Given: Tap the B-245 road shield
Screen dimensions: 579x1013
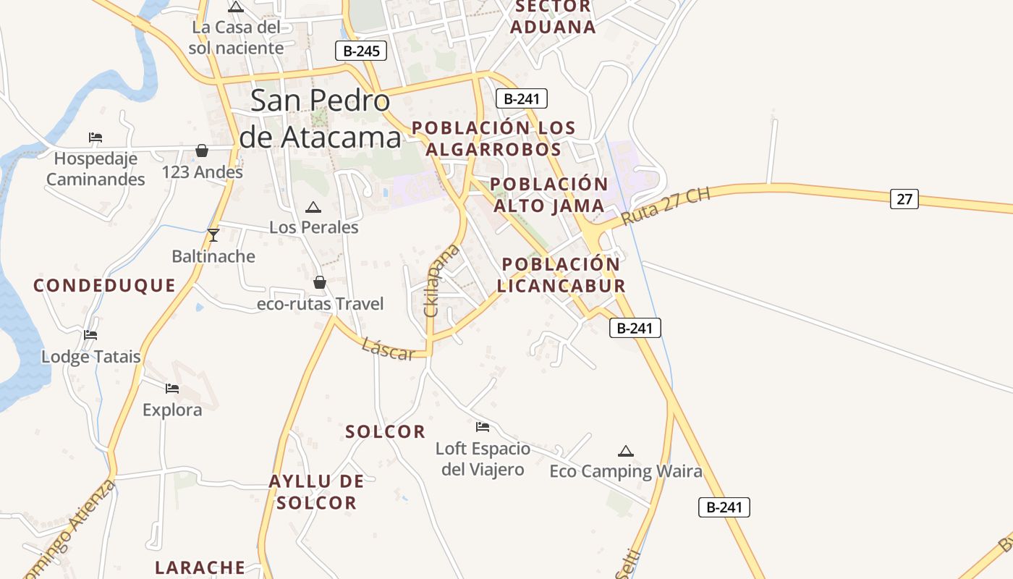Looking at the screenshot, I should [361, 51].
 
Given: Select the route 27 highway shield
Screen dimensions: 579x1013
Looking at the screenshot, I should [904, 198].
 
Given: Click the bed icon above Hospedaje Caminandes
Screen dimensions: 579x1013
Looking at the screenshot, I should [95, 138].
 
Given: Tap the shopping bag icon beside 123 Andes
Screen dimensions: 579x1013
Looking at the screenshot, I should [202, 151].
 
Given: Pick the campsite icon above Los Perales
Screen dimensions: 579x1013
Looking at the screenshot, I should [313, 208].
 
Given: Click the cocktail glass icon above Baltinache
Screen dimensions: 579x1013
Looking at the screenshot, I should [213, 235].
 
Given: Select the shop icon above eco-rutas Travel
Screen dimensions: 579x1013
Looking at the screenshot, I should [320, 282].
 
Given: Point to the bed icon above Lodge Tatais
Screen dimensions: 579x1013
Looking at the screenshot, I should [90, 335].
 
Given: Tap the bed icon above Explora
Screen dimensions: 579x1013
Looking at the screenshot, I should [171, 389].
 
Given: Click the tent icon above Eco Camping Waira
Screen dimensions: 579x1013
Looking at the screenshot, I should [626, 451].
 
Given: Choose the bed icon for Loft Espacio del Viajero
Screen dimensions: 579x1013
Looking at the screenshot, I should [483, 427].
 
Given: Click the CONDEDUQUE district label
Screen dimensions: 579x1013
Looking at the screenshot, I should [105, 285].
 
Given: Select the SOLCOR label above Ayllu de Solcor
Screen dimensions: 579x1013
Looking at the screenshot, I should [385, 432].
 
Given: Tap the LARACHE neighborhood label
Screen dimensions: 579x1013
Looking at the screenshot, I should [200, 567].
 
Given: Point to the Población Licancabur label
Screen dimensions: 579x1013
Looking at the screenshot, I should [561, 275].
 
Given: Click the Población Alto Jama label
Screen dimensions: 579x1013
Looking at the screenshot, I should [549, 195].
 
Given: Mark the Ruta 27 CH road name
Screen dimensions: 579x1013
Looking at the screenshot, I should [666, 206].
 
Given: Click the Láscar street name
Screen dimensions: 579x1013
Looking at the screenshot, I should [388, 349].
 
